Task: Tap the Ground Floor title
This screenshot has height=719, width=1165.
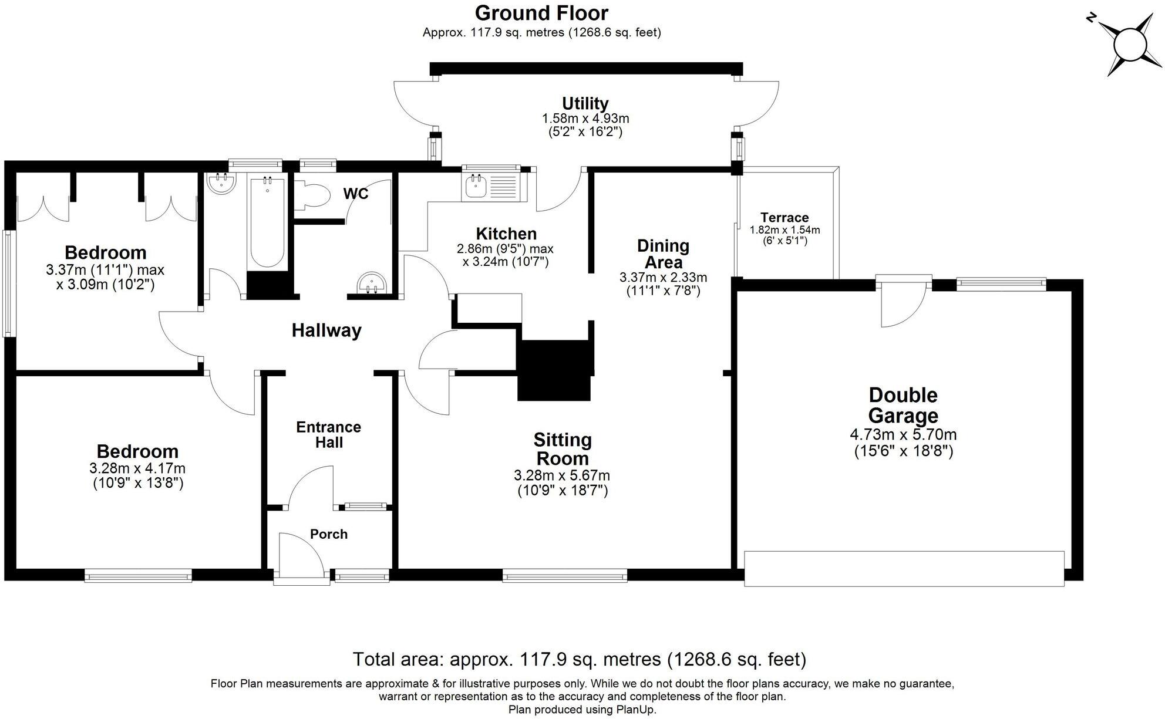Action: point(541,13)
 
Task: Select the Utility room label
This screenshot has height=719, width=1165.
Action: point(585,103)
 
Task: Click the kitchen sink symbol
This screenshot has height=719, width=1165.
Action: point(474,187)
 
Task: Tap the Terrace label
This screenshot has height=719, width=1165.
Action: point(784,217)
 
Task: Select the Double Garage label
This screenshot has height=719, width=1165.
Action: point(903,405)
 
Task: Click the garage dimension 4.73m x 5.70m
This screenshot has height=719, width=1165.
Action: point(903,435)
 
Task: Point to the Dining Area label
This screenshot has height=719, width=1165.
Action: point(663,254)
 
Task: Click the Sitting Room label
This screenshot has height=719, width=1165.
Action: point(562,448)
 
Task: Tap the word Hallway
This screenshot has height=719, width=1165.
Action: point(326,330)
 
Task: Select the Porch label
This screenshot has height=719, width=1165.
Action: point(329,534)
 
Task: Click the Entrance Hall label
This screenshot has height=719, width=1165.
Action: point(329,434)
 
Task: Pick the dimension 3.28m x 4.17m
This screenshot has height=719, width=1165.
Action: point(137,468)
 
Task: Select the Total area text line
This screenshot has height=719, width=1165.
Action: point(579,659)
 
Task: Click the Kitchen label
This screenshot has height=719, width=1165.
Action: point(506,234)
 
